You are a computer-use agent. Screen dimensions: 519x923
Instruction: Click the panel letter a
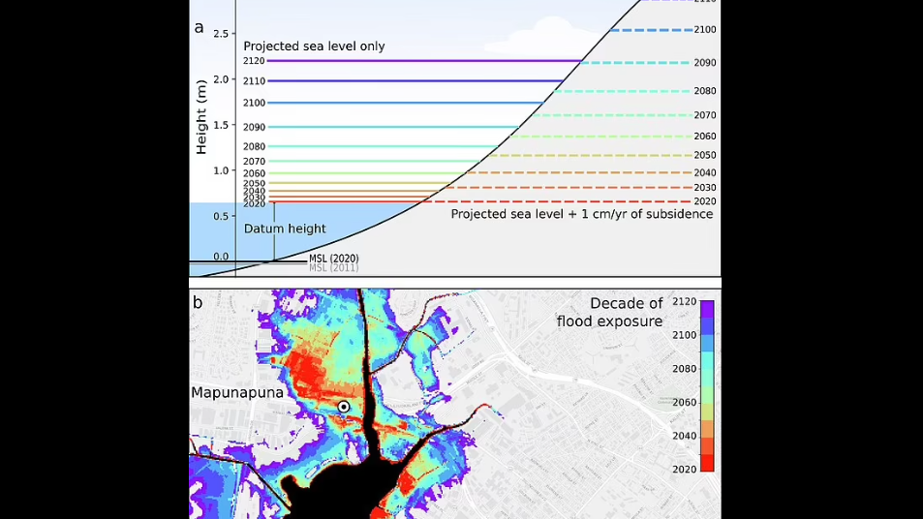click(x=199, y=28)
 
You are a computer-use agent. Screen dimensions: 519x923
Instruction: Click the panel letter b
click(x=198, y=302)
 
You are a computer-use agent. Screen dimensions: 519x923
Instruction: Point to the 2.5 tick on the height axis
click(x=222, y=34)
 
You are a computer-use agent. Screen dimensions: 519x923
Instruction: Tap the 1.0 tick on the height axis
click(x=222, y=170)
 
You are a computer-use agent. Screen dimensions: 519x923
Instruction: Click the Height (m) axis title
click(x=201, y=118)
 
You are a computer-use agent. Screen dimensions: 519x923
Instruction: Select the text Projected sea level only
click(x=314, y=46)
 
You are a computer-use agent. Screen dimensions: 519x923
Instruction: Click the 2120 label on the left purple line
click(x=254, y=61)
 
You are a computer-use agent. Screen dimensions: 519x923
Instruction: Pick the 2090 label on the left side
click(x=254, y=127)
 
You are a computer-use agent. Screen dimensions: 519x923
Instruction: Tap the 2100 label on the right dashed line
click(x=704, y=30)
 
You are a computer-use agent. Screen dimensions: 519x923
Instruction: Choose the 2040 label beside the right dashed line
click(x=704, y=172)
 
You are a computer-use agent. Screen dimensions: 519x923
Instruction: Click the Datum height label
click(x=285, y=229)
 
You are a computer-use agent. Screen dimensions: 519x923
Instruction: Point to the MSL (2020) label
click(x=333, y=259)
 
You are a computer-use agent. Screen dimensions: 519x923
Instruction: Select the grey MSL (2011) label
click(x=333, y=267)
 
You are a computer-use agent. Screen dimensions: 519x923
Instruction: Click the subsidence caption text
click(x=581, y=214)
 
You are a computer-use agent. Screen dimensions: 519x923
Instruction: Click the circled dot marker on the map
click(x=343, y=407)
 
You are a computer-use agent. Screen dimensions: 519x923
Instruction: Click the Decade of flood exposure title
click(x=609, y=312)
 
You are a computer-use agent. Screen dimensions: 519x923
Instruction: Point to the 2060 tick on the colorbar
click(x=684, y=402)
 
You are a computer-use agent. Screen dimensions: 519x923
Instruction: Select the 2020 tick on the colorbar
click(x=684, y=468)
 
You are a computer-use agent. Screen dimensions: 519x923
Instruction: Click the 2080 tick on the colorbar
click(x=684, y=369)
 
